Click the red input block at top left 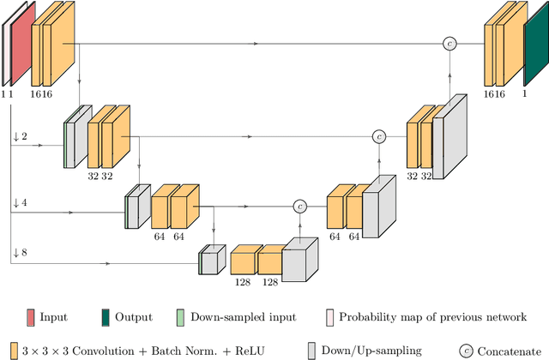pyautogui.click(x=19, y=41)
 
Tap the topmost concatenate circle pyautogui.click(x=448, y=43)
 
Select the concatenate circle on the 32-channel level pyautogui.click(x=378, y=136)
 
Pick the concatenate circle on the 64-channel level pyautogui.click(x=299, y=206)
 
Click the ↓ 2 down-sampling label pyautogui.click(x=20, y=136)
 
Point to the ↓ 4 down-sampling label pyautogui.click(x=20, y=202)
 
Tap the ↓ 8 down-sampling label pyautogui.click(x=20, y=253)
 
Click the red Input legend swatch pyautogui.click(x=31, y=317)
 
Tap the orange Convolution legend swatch pyautogui.click(x=8, y=350)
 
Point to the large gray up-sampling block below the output pyautogui.click(x=449, y=137)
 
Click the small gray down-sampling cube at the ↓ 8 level pyautogui.click(x=211, y=261)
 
